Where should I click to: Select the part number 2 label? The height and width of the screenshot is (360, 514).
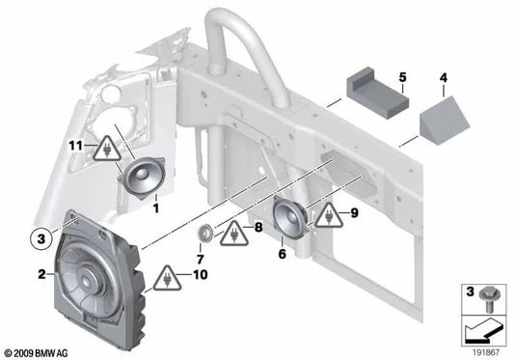click(x=42, y=275)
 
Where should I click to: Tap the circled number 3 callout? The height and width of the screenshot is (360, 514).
click(x=40, y=235)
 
